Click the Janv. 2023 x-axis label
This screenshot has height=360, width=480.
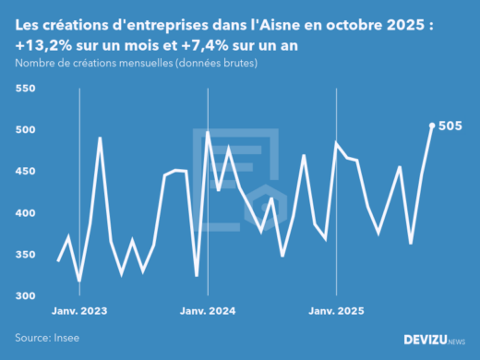pos(81,312)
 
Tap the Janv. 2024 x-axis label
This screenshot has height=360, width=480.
pos(208,312)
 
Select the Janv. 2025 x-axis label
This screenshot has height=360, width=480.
pos(334,312)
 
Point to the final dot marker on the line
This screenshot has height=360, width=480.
pos(432,126)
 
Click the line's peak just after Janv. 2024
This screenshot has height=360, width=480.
pos(208,133)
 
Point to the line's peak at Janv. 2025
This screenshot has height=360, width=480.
pos(336,143)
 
